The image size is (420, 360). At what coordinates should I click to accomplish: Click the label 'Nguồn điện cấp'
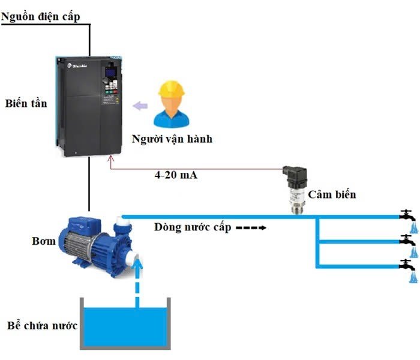point(40,17)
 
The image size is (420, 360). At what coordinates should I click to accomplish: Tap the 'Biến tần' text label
point(26,103)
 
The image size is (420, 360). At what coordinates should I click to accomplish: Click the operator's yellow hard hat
point(172,88)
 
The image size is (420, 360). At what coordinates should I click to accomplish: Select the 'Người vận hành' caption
point(172,139)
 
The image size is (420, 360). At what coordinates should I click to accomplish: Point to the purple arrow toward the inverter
point(140,106)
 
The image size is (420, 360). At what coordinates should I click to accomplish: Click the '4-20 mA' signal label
point(176,175)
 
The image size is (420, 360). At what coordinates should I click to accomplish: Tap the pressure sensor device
point(295,190)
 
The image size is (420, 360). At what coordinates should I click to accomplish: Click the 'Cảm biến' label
point(332,194)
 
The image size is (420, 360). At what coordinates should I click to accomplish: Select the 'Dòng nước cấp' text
point(193,227)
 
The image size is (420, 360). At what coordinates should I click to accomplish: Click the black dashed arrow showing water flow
point(251,228)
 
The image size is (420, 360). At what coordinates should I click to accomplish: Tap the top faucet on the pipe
point(407,215)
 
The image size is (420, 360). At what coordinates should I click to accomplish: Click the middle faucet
point(407,240)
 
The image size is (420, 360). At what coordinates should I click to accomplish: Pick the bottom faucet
point(407,265)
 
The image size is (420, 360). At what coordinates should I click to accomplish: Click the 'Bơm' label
point(44,241)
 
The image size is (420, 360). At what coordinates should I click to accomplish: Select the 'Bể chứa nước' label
point(42,326)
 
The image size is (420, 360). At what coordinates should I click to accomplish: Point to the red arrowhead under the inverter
point(110,158)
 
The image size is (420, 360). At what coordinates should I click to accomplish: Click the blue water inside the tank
point(125,327)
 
